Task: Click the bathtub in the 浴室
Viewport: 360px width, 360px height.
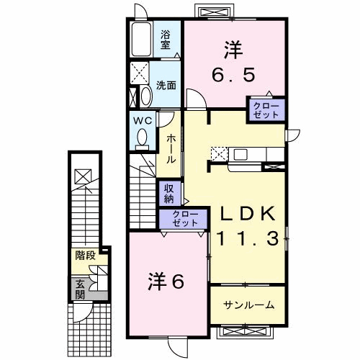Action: pos(142,40)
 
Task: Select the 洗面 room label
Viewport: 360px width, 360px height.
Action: pos(166,85)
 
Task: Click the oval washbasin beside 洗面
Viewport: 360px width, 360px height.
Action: pos(146,96)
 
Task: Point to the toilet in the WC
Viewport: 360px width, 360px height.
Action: pos(143,140)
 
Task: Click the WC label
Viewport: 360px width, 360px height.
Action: pos(143,121)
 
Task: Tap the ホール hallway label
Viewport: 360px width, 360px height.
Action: pos(171,149)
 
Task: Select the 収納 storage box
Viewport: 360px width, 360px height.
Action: pos(169,194)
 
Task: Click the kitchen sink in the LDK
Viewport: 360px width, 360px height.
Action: pos(240,154)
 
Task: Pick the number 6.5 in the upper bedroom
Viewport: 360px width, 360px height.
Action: pos(233,75)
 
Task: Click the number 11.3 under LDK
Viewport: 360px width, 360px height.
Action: pos(248,238)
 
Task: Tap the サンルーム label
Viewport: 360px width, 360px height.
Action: pos(248,305)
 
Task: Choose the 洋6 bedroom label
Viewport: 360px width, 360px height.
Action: pos(166,282)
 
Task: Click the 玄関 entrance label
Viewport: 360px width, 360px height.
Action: pos(80,290)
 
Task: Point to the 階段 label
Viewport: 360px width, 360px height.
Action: pos(86,256)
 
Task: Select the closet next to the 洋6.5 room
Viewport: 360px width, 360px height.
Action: pos(266,109)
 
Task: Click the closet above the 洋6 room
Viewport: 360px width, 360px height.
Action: pos(183,219)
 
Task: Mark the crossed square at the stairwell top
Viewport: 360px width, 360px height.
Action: pos(83,176)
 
